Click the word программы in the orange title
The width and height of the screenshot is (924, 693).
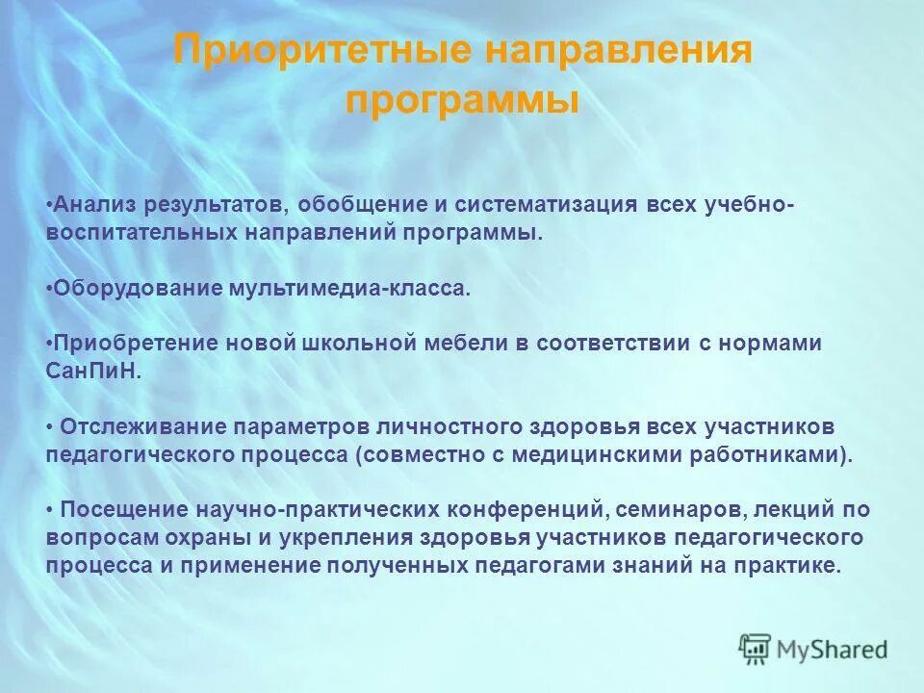pyautogui.click(x=462, y=100)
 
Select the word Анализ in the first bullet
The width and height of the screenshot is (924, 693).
pyautogui.click(x=93, y=205)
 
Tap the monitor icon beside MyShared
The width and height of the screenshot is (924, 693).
pyautogui.click(x=756, y=649)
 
